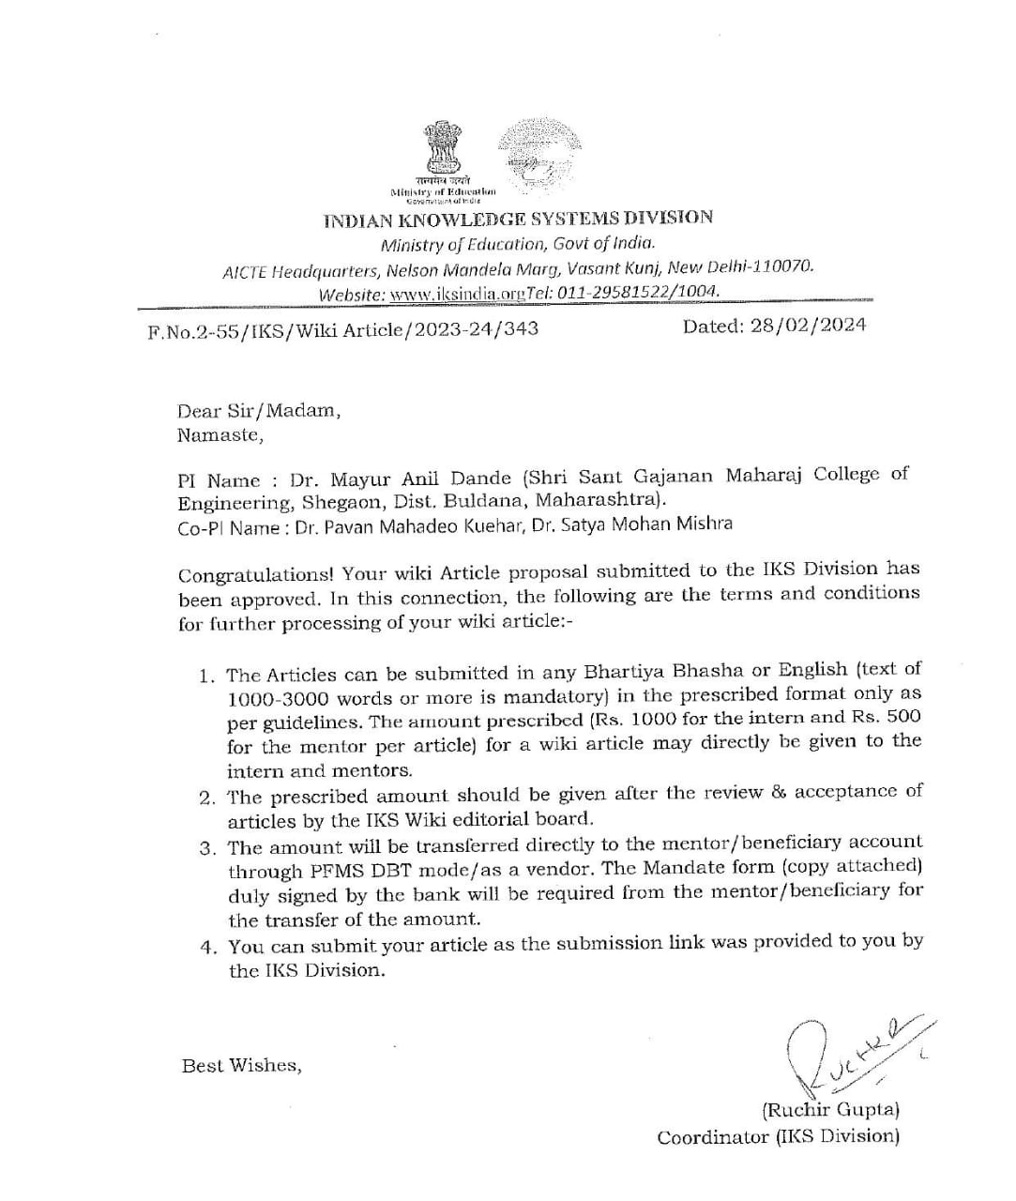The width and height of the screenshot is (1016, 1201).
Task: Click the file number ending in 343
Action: click(x=343, y=330)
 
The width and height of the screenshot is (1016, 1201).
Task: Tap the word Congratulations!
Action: click(x=256, y=573)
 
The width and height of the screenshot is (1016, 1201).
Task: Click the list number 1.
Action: click(x=205, y=676)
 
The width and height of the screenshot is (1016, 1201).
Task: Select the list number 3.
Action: click(x=207, y=848)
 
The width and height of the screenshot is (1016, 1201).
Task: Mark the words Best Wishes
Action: click(x=241, y=1066)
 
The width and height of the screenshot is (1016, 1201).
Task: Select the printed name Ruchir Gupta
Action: click(x=830, y=1110)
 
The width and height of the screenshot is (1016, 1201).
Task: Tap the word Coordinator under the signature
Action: click(x=713, y=1137)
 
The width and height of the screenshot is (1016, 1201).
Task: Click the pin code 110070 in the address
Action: click(x=782, y=266)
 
